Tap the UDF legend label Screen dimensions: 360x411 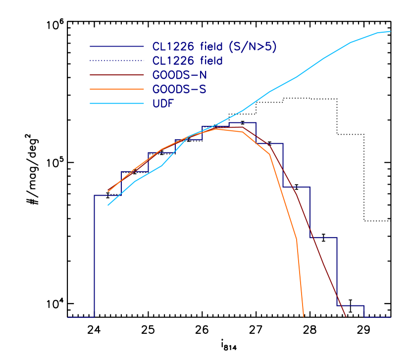pyautogui.click(x=163, y=104)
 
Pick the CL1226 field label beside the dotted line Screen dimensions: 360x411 pyautogui.click(x=187, y=61)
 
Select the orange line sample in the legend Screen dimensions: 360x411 pyautogui.click(x=117, y=90)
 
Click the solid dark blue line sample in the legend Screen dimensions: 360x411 pyautogui.click(x=117, y=47)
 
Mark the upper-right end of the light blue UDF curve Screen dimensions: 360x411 pyautogui.click(x=390, y=31)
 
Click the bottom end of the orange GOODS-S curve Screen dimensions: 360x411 pyautogui.click(x=303, y=316)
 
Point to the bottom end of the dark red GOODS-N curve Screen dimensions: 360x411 pyautogui.click(x=346, y=316)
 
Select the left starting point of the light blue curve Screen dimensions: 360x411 pyautogui.click(x=108, y=205)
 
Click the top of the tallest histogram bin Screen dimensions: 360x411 pyautogui.click(x=242, y=122)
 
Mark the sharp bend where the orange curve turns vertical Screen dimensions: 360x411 pyautogui.click(x=297, y=239)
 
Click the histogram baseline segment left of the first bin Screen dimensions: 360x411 pyautogui.click(x=81, y=317)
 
